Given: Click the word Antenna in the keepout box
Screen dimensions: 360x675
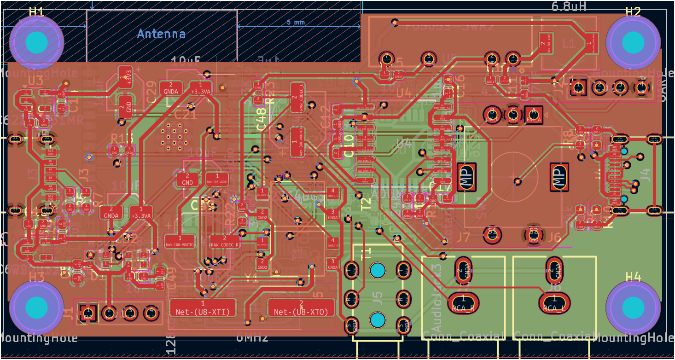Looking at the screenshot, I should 161,34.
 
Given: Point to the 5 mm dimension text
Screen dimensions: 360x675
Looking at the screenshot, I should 296,23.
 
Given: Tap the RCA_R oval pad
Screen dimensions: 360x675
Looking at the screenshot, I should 464,302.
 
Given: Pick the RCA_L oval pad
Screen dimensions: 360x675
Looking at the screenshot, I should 554,302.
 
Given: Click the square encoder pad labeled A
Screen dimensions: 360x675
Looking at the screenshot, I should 534,114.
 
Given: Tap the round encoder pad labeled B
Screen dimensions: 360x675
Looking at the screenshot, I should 492,114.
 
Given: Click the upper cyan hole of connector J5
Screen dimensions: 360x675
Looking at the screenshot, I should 378,271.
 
